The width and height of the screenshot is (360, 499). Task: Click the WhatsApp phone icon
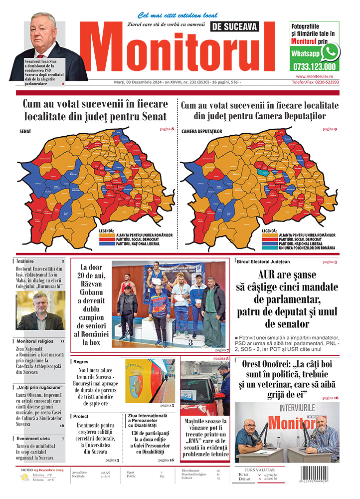330,52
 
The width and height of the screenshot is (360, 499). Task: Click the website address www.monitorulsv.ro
314,76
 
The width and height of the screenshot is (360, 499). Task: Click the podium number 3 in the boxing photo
190,342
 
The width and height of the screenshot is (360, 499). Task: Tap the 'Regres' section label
81,361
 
